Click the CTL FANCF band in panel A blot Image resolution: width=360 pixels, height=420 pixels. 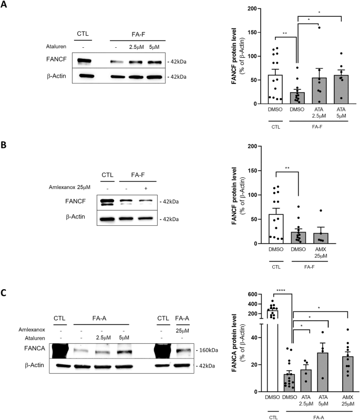click(83, 61)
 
